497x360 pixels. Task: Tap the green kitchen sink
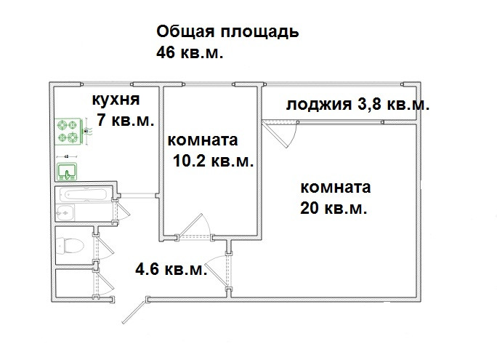coord(68,172)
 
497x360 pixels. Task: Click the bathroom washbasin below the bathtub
coord(65,212)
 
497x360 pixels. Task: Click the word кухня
coord(114,100)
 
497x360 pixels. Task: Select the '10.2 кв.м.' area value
coord(214,162)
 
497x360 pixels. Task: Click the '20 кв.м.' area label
coord(332,208)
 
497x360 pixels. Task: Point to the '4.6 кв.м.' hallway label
coord(171,271)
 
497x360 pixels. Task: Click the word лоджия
coord(318,105)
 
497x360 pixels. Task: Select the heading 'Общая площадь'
coord(227,33)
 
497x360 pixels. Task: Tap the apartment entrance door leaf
coord(132,311)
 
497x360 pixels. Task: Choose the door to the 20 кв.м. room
coord(217,270)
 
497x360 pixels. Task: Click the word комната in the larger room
coord(335,188)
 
